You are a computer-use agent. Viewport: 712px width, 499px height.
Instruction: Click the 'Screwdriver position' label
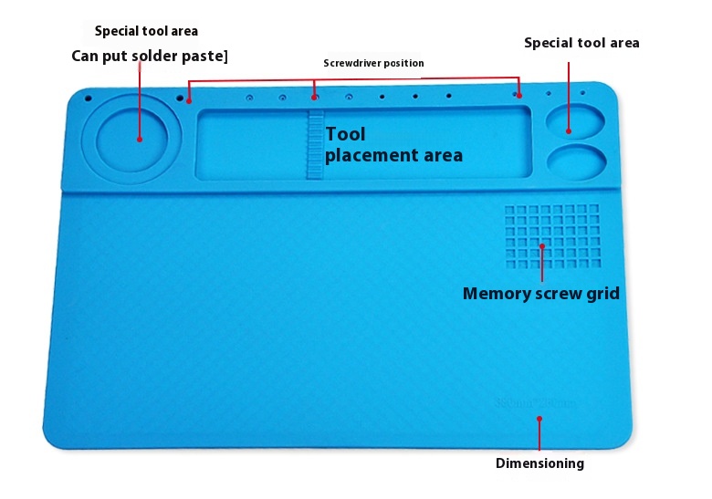373,63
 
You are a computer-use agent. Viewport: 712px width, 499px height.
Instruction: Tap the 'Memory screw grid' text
540,294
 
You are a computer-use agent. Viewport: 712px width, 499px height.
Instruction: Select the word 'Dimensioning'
539,463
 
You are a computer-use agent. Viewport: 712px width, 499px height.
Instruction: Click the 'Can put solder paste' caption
150,56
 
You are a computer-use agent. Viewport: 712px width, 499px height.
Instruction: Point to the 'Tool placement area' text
393,145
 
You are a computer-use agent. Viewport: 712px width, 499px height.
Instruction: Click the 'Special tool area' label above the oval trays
581,43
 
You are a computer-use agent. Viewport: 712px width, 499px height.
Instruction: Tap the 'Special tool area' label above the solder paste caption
146,31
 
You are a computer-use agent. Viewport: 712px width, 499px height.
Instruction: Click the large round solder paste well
131,139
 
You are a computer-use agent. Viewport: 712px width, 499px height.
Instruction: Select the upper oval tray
575,121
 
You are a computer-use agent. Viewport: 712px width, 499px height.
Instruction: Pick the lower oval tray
577,162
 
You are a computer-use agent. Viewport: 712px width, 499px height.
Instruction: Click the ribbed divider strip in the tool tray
315,144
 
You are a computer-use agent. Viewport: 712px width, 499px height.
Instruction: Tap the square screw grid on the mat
552,236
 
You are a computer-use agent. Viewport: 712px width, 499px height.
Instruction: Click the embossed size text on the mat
535,403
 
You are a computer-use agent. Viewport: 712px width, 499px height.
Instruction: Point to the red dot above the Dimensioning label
539,419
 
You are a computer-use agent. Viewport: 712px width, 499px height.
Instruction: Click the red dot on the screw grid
542,246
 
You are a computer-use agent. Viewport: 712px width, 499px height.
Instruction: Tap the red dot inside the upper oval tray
569,131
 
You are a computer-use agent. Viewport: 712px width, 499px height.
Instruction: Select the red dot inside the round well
140,140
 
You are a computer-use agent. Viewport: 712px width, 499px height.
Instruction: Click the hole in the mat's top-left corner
89,99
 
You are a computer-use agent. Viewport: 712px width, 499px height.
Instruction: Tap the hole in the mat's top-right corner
582,93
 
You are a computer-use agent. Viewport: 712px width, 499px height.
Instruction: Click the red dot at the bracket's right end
519,95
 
